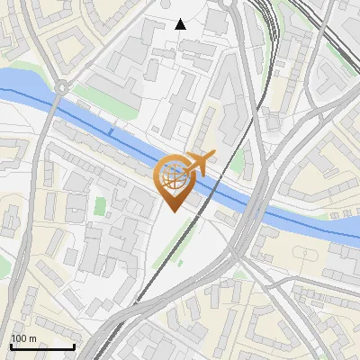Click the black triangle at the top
181,24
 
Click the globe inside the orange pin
173,179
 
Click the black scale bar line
42,347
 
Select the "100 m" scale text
24,338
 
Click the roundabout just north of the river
61,87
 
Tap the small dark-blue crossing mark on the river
111,132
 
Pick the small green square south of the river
100,205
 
